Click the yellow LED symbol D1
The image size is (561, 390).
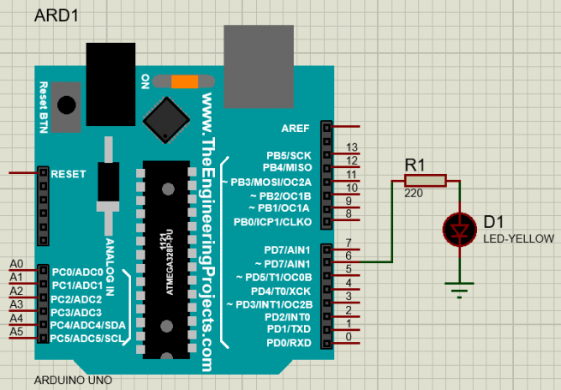(461, 229)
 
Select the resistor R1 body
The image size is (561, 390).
(425, 180)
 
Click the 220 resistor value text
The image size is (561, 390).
(414, 195)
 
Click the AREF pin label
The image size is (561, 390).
(295, 128)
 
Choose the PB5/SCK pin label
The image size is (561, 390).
(288, 155)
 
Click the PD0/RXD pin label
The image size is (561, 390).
(289, 344)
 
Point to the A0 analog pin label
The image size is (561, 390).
(16, 263)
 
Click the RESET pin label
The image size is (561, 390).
(69, 173)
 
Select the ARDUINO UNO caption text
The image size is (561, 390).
(72, 380)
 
